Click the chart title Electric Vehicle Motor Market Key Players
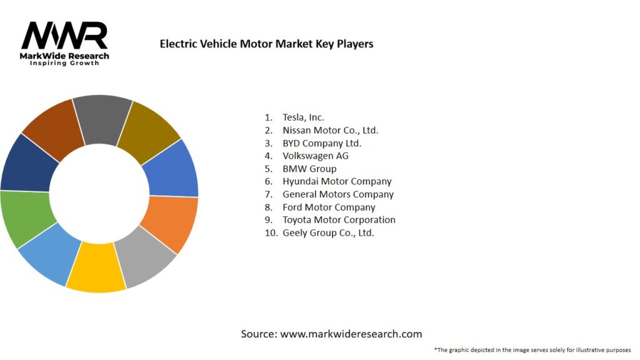point(266,44)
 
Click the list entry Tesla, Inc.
point(303,117)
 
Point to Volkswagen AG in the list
point(315,156)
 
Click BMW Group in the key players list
point(309,169)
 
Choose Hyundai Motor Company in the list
point(336,181)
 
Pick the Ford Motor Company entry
point(329,207)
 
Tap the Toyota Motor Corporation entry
point(338,220)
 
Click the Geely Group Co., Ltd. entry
point(327,232)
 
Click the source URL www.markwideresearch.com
point(351,334)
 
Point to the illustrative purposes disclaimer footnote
point(532,349)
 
